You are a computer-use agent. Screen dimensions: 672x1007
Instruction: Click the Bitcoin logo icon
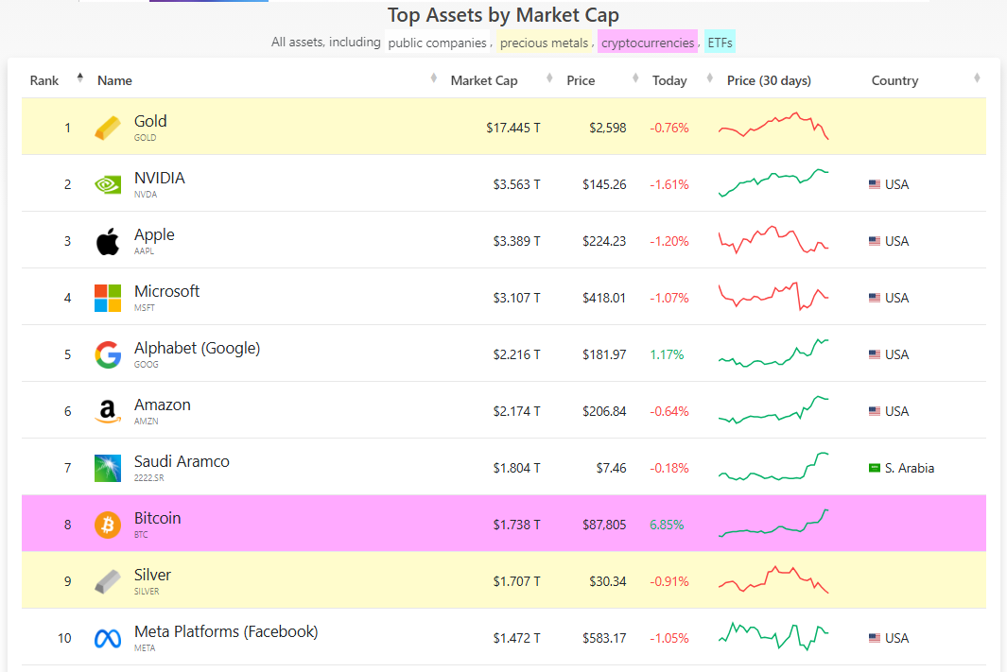coord(108,525)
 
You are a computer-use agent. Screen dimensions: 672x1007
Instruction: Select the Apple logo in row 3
coord(108,241)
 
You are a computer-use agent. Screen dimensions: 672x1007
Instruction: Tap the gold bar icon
coord(108,128)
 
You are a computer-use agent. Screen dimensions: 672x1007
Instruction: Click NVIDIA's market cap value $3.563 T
coord(516,184)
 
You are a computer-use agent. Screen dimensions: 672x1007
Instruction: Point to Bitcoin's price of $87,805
coord(604,525)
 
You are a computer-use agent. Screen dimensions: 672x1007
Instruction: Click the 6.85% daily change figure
coord(667,525)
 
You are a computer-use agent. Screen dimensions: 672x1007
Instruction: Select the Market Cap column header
coord(484,80)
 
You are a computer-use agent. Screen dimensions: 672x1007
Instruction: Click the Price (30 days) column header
coord(769,80)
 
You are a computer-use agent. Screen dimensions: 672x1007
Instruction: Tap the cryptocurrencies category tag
coord(648,43)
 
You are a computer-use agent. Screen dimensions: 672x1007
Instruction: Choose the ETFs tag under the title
coord(721,43)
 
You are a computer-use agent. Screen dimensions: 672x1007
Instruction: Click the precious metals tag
coord(544,43)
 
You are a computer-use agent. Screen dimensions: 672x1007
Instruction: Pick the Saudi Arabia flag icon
coord(875,468)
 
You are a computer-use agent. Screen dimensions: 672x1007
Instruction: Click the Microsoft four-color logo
coord(108,298)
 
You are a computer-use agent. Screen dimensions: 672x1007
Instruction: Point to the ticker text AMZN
coord(146,421)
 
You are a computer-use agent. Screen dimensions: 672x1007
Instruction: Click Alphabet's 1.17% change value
coord(667,354)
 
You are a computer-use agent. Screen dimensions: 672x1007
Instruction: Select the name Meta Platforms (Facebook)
coord(226,631)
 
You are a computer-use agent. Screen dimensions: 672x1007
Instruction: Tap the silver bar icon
coord(108,581)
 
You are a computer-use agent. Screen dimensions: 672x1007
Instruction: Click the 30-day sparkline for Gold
coord(773,127)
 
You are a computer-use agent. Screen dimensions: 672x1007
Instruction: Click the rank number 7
coord(67,468)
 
